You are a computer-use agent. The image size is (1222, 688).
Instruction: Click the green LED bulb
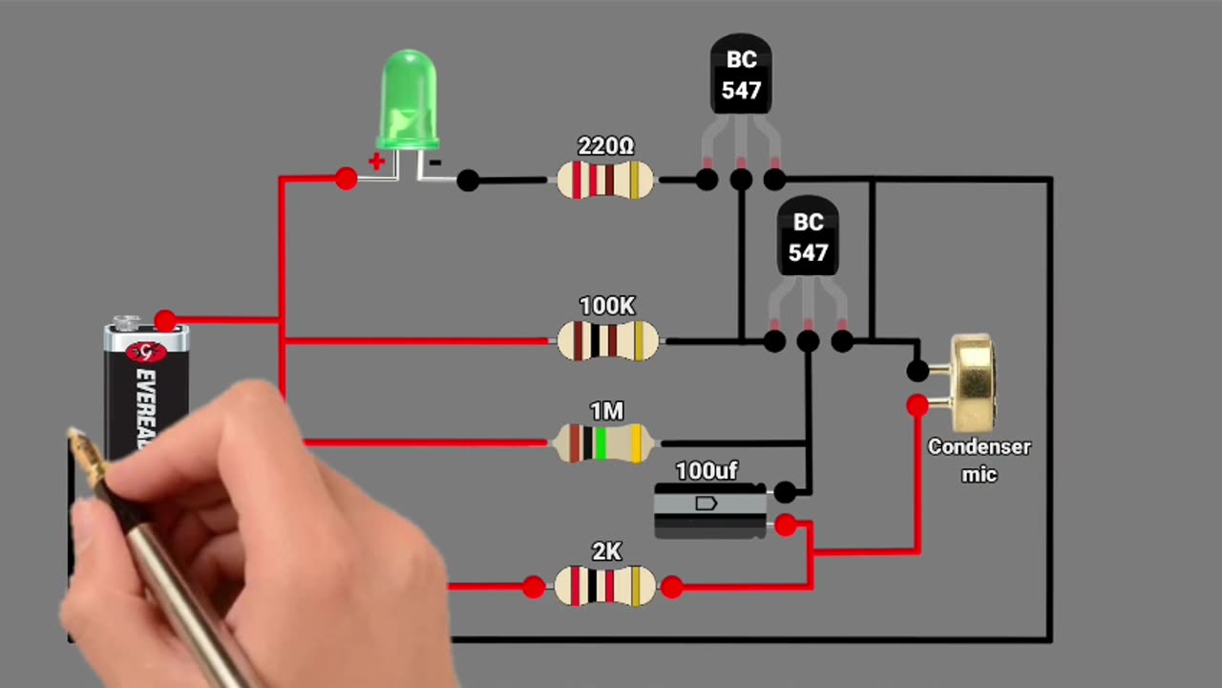[x=410, y=100]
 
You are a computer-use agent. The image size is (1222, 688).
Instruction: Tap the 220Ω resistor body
[x=605, y=180]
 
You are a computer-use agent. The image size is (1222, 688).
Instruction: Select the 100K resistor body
[x=607, y=341]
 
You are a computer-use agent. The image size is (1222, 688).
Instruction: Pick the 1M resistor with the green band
[x=603, y=443]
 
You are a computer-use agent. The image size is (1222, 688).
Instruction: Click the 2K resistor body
[x=605, y=586]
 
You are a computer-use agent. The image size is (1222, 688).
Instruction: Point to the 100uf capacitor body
[x=709, y=510]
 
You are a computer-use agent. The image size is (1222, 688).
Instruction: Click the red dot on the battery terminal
[x=165, y=320]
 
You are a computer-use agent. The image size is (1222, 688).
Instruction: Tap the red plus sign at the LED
[x=376, y=161]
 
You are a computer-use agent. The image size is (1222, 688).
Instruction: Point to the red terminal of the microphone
[x=916, y=406]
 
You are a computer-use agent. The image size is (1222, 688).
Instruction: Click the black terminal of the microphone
[x=916, y=370]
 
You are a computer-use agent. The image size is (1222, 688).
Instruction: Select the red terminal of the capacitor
[x=785, y=525]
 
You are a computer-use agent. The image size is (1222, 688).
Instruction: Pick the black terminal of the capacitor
[x=785, y=492]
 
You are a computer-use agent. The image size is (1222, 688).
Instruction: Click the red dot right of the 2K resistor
[x=671, y=587]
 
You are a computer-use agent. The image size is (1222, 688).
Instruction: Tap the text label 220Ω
[x=605, y=146]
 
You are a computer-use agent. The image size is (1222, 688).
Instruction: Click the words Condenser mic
[x=979, y=460]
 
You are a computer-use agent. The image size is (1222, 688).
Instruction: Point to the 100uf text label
[x=706, y=471]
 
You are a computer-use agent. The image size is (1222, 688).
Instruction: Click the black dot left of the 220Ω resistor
[x=468, y=180]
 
